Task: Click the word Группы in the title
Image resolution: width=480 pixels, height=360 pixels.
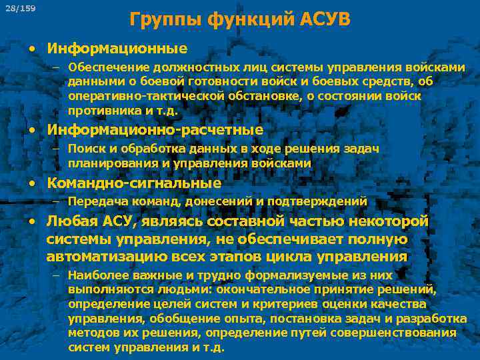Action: click(x=163, y=18)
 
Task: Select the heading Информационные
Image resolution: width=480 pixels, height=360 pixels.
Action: click(x=117, y=49)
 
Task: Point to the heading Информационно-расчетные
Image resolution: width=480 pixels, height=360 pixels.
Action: click(x=155, y=129)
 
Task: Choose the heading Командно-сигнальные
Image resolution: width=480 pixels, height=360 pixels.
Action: click(x=133, y=183)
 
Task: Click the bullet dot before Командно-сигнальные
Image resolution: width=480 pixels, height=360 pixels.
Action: click(x=33, y=183)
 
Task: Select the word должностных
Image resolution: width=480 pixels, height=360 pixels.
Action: click(x=191, y=67)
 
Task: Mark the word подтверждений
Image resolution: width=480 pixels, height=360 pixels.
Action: click(x=325, y=201)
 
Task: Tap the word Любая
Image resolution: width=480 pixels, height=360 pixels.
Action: click(x=68, y=222)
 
